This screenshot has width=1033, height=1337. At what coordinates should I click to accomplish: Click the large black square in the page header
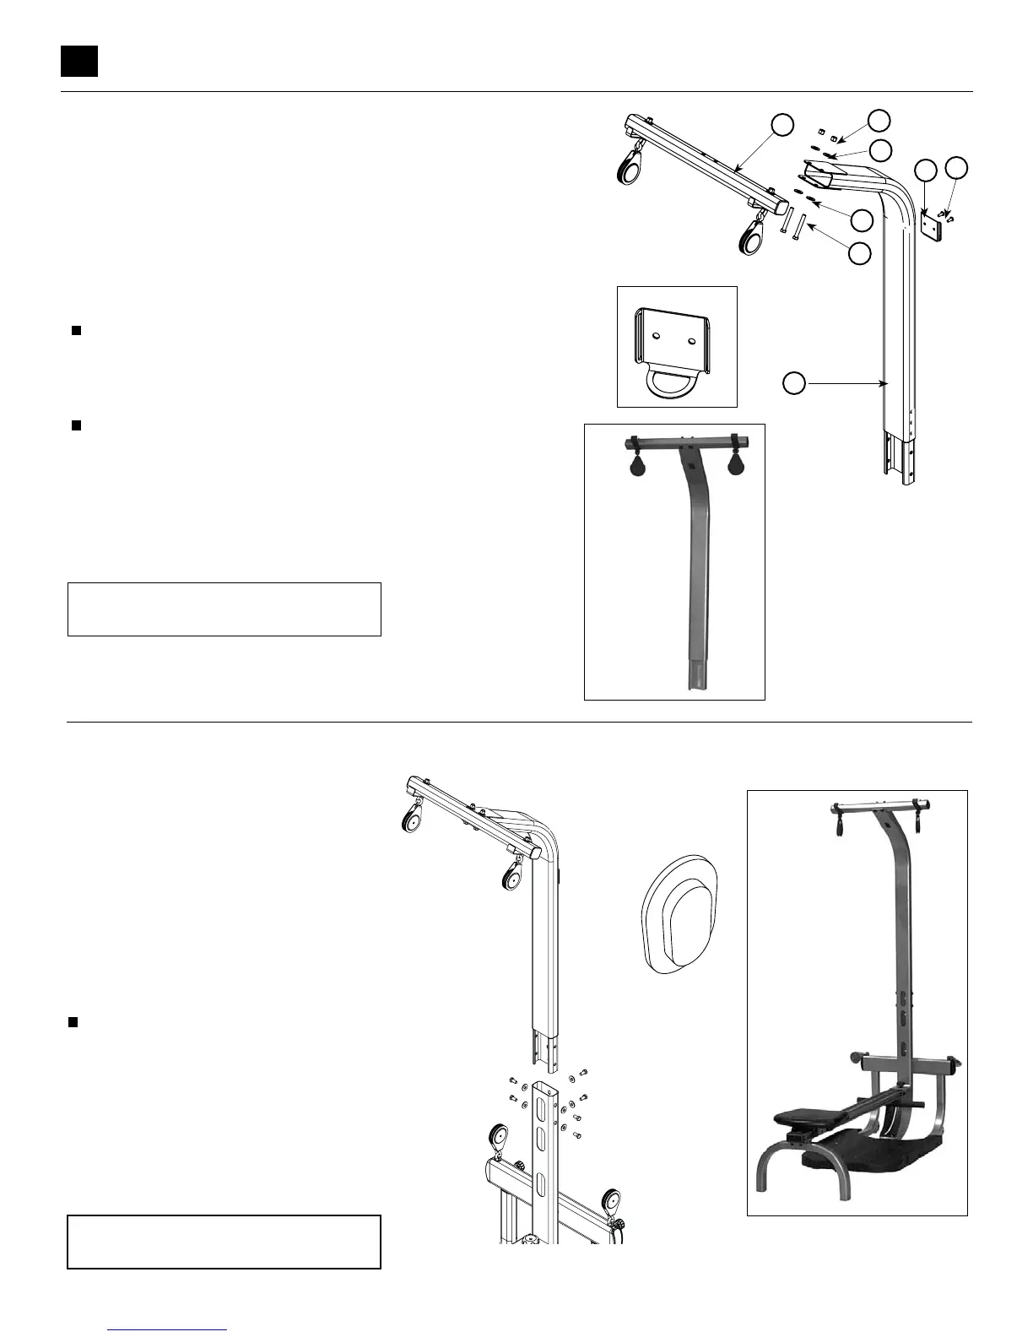79,61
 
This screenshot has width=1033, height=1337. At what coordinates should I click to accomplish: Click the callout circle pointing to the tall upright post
792,384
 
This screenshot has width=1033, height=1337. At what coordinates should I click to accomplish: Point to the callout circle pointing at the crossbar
782,125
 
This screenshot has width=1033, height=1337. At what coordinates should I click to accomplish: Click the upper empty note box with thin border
224,609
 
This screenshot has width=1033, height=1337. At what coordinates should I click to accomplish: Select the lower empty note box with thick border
224,1242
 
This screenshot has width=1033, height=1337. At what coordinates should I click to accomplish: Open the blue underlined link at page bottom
168,1329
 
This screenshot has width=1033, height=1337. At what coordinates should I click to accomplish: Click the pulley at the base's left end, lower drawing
497,1135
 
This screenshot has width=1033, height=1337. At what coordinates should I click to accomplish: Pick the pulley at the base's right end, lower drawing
610,1202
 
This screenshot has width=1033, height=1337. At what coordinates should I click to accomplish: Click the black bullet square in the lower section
73,1022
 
